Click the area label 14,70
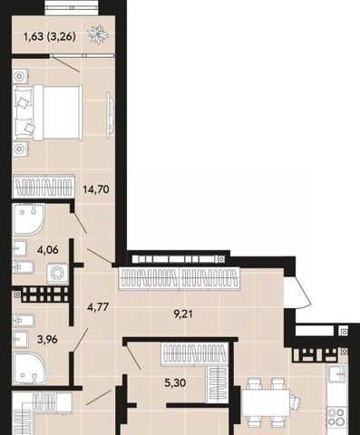(96, 189)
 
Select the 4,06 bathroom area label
(48, 250)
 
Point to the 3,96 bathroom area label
(47, 339)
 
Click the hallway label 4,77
(97, 307)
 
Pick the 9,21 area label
(183, 314)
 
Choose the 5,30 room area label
(175, 383)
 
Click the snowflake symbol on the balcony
(98, 34)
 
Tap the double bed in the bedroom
(48, 112)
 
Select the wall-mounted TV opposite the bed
(111, 115)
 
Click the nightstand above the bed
(21, 76)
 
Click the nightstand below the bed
(21, 149)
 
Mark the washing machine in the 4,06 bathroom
(57, 274)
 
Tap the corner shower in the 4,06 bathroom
(29, 219)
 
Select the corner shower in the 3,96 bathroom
(29, 369)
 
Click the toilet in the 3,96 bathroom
(24, 320)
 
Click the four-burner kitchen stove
(336, 417)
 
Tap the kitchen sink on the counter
(337, 374)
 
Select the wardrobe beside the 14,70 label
(44, 187)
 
